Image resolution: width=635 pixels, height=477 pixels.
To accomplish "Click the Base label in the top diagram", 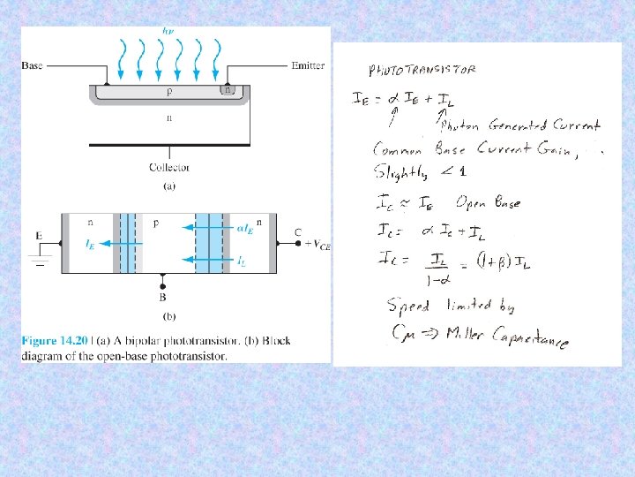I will pos(32,65).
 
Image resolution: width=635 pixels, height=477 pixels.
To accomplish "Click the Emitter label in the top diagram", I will pos(307,65).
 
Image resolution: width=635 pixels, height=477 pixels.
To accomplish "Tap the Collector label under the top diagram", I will pos(169,167).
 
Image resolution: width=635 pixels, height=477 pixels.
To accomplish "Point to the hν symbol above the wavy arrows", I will pos(168,31).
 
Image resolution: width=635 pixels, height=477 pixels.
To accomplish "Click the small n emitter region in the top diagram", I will pos(228,90).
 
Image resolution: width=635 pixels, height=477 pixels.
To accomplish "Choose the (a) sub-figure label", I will pos(169,185).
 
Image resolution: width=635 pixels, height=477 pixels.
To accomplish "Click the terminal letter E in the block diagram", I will pos(40,235).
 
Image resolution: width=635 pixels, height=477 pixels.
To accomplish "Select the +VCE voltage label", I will pos(316,246).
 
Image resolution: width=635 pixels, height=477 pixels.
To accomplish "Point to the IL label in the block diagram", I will pos(241,261).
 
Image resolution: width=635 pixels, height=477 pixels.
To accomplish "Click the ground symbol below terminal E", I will pos(39,261).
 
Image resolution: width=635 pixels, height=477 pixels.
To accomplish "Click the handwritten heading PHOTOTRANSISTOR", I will pos(422,70).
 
